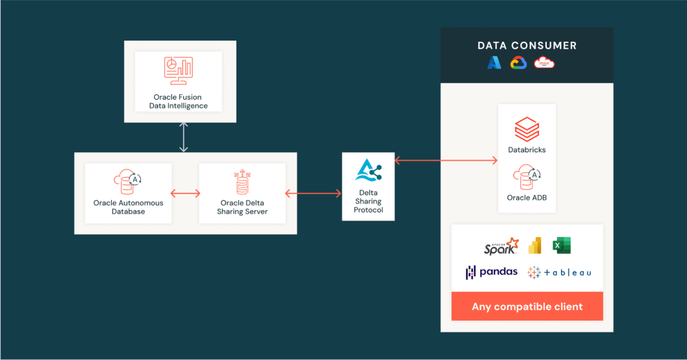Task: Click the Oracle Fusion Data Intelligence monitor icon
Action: tap(178, 70)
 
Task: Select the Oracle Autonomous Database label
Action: tap(128, 207)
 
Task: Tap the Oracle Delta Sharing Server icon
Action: tap(242, 182)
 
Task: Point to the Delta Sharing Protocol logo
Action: tap(368, 171)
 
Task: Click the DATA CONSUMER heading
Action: tap(527, 46)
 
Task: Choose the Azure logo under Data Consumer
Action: tap(495, 63)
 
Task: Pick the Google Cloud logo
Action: tap(519, 63)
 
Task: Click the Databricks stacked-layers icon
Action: tap(527, 129)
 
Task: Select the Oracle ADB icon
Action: tap(527, 178)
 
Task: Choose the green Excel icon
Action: tap(562, 246)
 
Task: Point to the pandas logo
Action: tap(492, 272)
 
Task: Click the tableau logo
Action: tap(559, 272)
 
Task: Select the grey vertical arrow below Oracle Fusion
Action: tap(183, 137)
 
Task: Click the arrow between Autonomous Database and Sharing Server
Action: tap(185, 193)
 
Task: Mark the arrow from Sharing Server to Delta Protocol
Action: tap(313, 193)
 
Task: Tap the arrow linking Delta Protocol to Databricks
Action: tap(446, 161)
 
